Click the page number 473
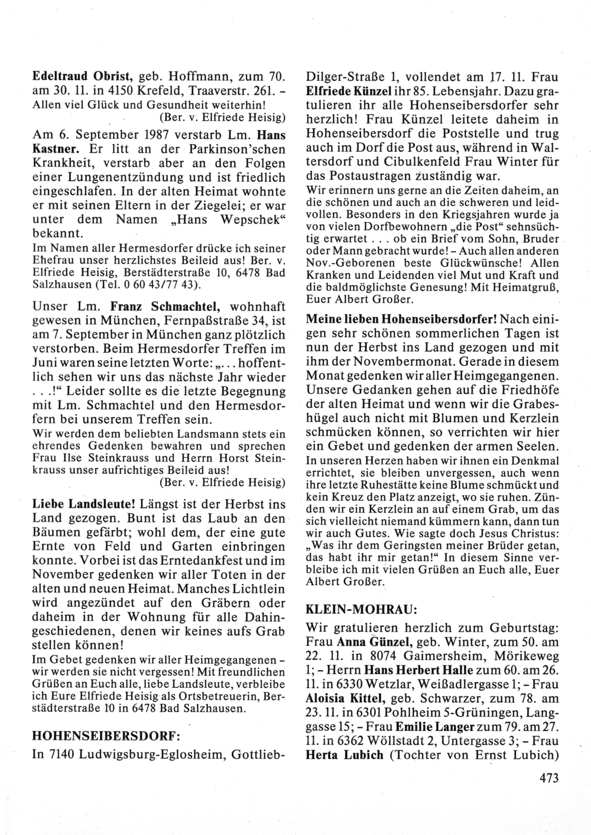pyautogui.click(x=549, y=778)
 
